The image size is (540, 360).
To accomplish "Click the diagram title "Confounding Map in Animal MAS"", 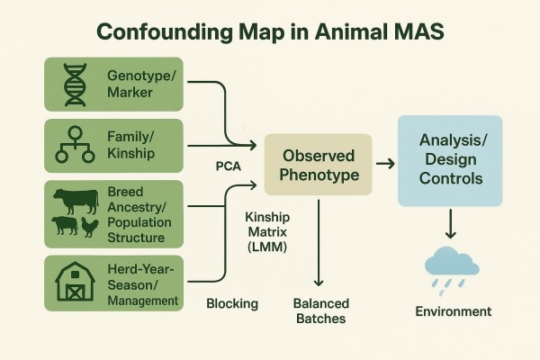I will tap(270, 31).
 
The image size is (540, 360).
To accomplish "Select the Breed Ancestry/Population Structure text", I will tap(135, 214).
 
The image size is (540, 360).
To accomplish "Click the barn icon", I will tap(74, 280).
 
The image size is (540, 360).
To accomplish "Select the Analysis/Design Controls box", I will tap(449, 160).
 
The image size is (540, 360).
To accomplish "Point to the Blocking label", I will tap(232, 303).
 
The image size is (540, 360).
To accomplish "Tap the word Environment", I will tap(453, 311).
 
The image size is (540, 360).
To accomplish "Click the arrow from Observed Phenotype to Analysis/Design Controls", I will tap(383, 163).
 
